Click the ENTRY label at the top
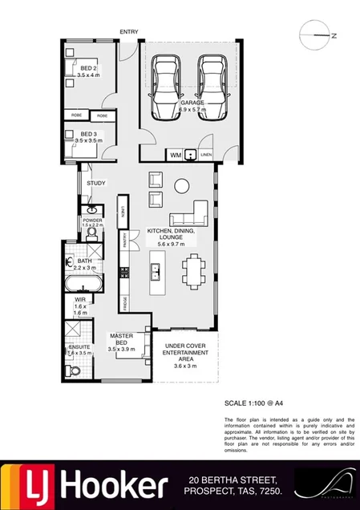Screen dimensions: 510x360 click(128, 32)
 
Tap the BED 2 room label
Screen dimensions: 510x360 click(88, 70)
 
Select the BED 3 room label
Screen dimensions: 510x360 click(88, 134)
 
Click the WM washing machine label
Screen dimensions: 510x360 click(175, 155)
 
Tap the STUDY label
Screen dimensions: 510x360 click(96, 184)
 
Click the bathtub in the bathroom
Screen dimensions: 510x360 click(84, 285)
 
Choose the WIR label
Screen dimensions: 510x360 click(79, 302)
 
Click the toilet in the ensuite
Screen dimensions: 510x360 click(74, 369)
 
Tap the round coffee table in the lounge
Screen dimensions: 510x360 click(181, 186)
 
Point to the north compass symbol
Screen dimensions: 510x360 click(318, 35)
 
